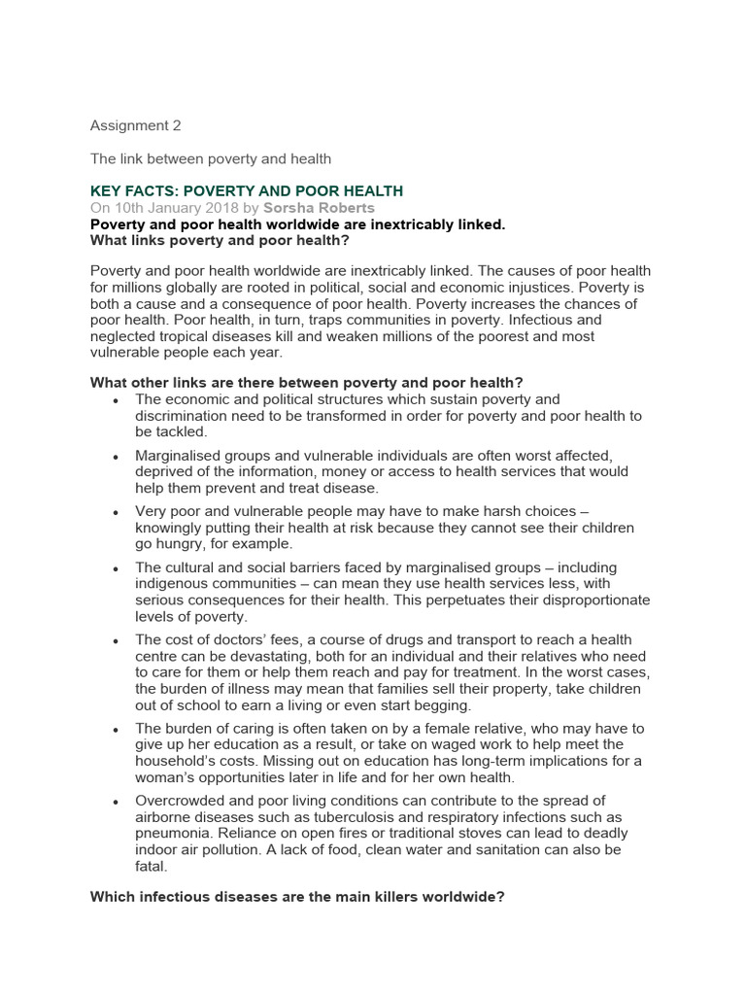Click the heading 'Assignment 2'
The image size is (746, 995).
(x=135, y=125)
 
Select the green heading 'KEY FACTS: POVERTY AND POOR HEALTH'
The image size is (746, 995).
(x=246, y=191)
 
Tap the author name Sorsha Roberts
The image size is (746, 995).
(x=319, y=208)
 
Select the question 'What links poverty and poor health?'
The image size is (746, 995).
(x=220, y=240)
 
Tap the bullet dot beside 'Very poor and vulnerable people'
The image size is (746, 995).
(x=117, y=512)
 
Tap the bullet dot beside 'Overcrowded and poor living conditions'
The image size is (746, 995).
(x=117, y=802)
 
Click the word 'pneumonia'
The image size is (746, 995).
(x=173, y=834)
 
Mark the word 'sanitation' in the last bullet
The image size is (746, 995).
(x=492, y=849)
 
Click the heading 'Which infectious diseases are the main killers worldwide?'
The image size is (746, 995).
(x=297, y=897)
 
